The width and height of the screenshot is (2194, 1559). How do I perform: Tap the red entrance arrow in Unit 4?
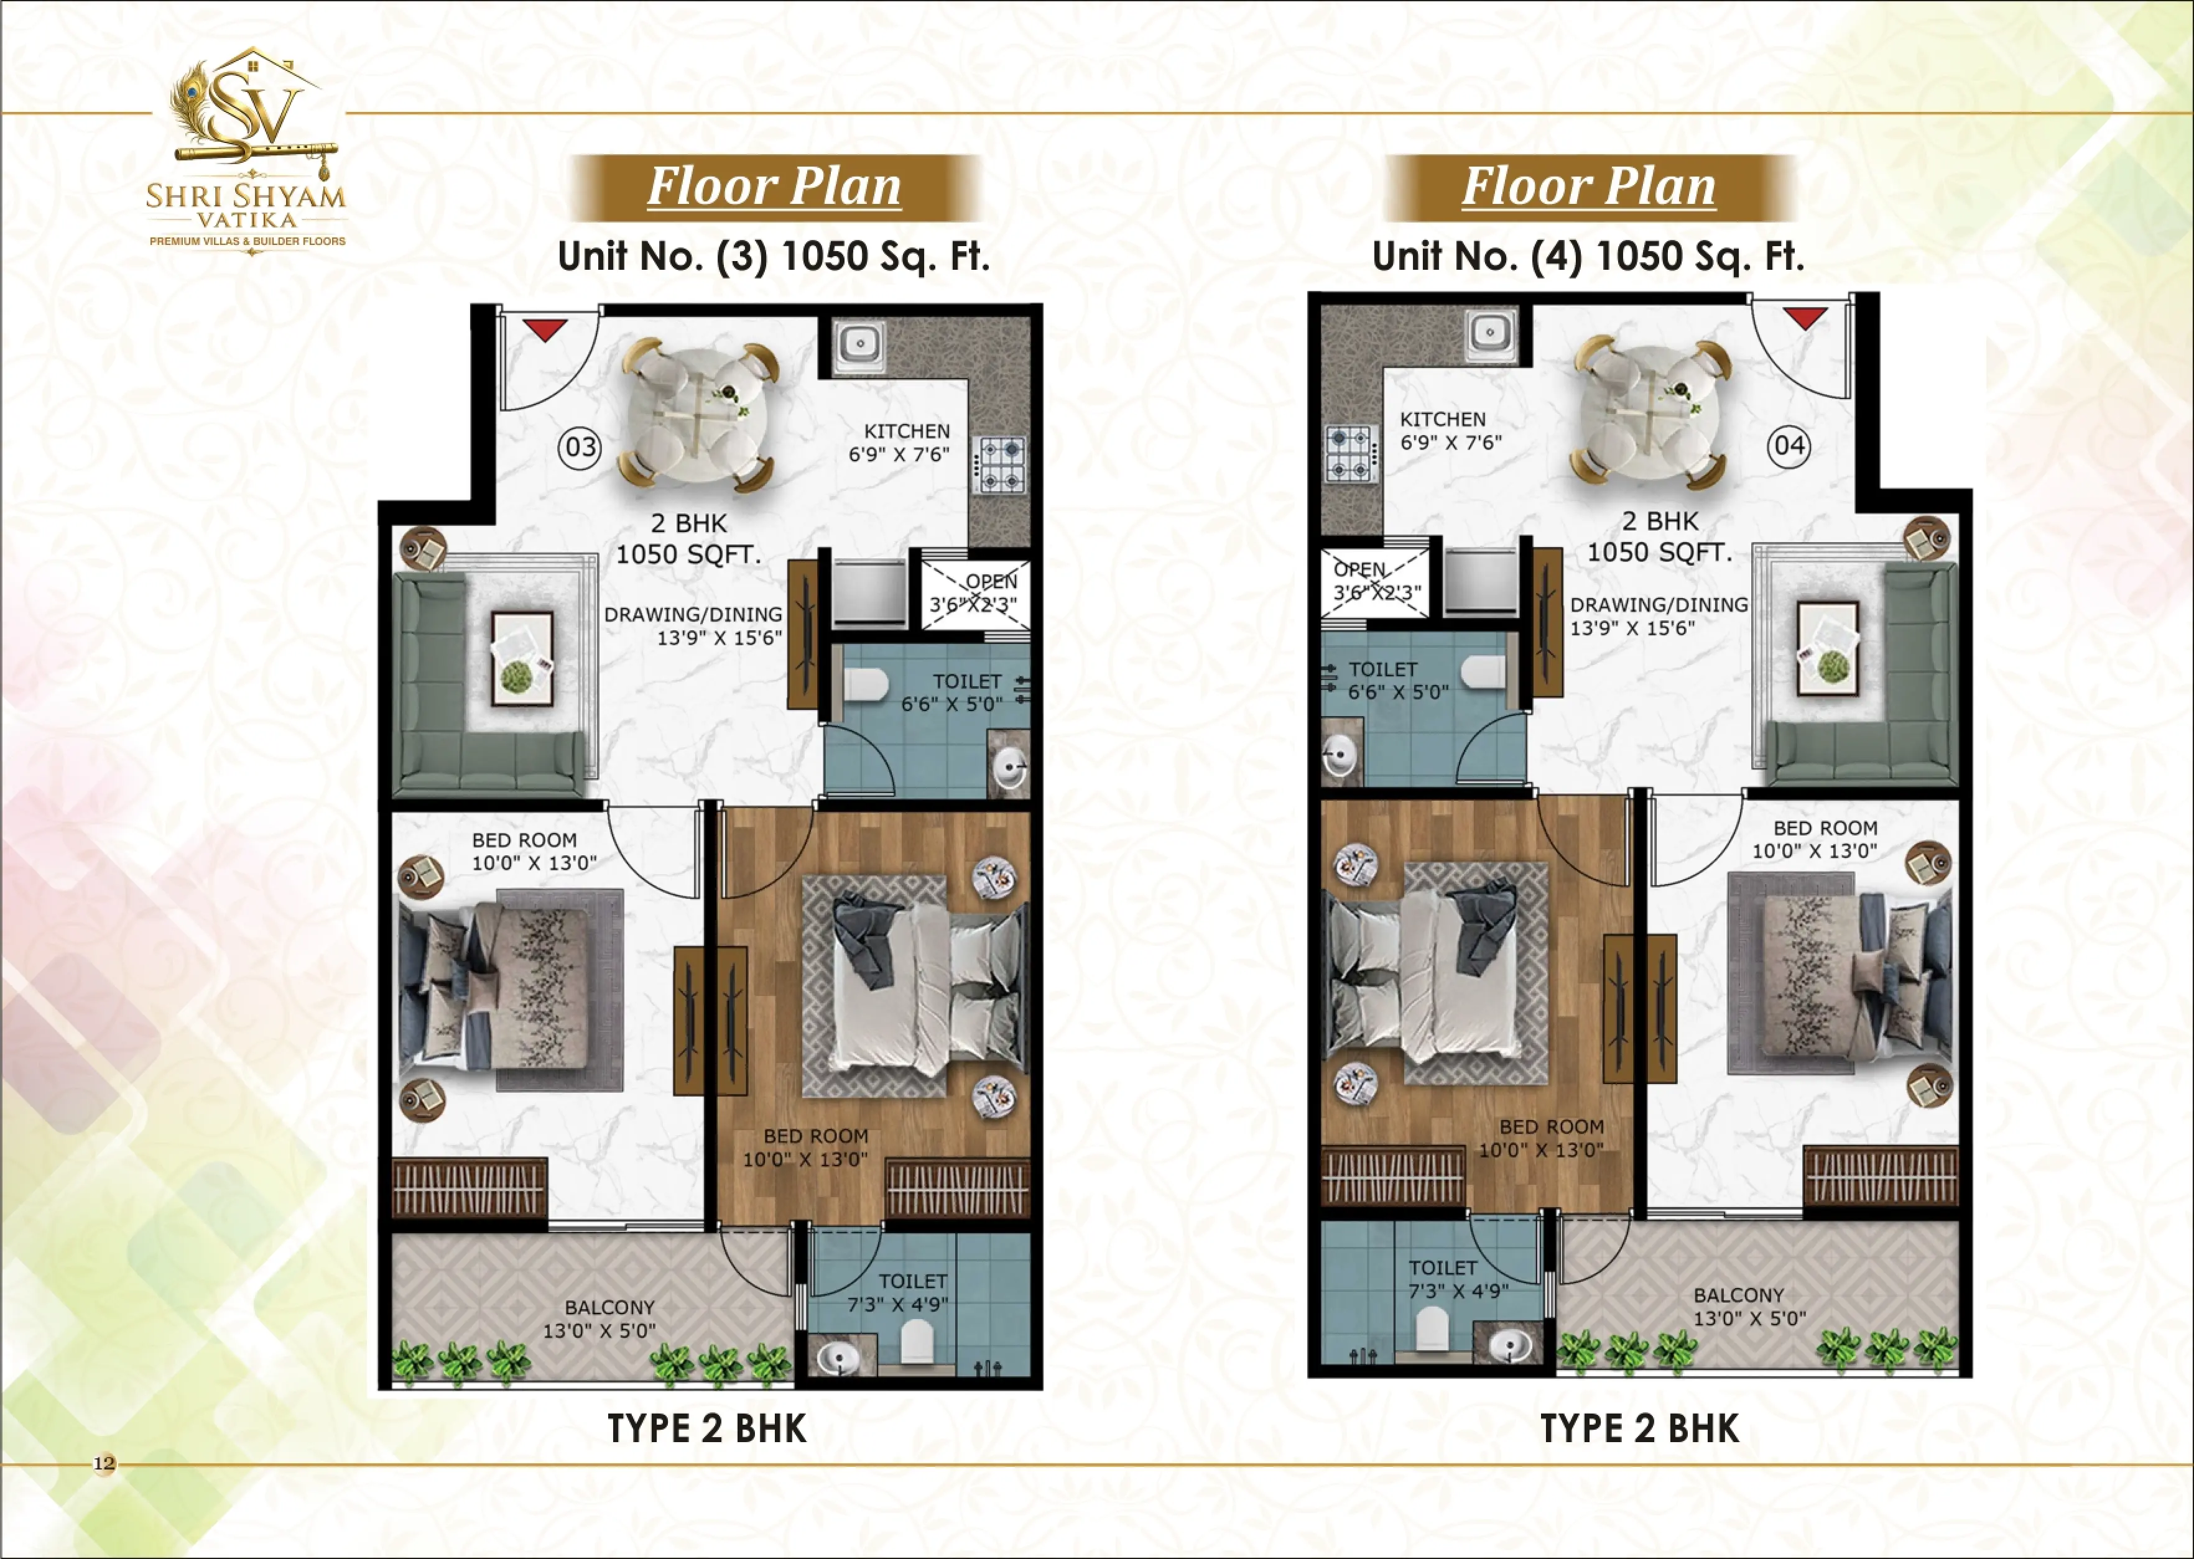tap(1805, 318)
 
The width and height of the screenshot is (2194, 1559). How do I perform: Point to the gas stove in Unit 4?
tap(1352, 453)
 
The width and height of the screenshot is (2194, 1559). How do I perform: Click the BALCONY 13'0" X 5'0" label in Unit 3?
tap(600, 1319)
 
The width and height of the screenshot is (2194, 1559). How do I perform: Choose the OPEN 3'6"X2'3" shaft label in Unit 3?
tap(974, 592)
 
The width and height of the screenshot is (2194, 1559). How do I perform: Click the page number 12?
tap(104, 1463)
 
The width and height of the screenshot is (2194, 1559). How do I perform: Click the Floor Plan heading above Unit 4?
tap(1588, 186)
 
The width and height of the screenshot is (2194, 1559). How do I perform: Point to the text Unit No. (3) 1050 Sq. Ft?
tap(773, 256)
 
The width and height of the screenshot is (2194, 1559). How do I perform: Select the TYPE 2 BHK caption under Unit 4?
tap(1639, 1428)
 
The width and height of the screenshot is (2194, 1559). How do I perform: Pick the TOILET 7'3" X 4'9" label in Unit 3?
tap(899, 1293)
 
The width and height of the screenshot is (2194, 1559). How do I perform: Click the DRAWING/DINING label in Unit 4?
tap(1658, 605)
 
